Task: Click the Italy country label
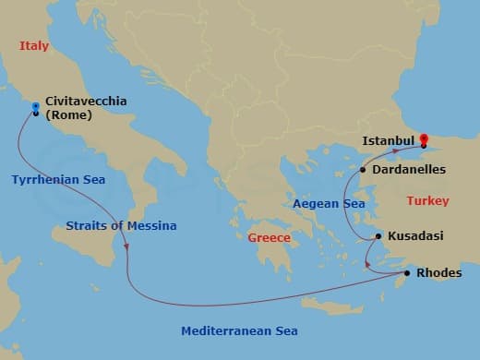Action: point(33,45)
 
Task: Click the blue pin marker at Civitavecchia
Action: point(35,108)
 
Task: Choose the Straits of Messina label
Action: point(121,225)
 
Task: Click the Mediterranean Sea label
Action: point(239,330)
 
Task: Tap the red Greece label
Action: point(269,238)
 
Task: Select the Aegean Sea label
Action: point(329,204)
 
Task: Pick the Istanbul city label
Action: point(389,141)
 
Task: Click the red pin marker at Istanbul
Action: point(424,141)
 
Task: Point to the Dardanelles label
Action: point(409,170)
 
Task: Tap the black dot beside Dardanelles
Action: point(363,170)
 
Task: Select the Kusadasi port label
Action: point(415,236)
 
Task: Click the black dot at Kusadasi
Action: point(378,237)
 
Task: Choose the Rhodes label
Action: point(439,273)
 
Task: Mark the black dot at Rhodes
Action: point(407,273)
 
